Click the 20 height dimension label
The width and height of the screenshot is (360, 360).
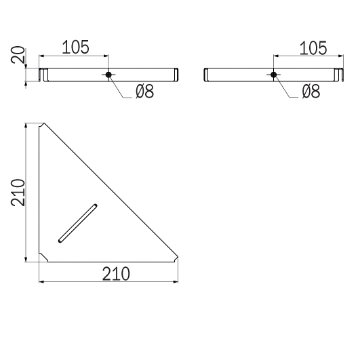click(x=18, y=55)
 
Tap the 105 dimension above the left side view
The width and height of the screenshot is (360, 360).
click(x=75, y=47)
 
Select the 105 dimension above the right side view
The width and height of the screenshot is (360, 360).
click(x=313, y=48)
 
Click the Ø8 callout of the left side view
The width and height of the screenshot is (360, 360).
click(x=144, y=92)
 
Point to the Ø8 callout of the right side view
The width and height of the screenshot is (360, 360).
click(x=311, y=92)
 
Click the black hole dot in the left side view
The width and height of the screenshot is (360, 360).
click(x=108, y=75)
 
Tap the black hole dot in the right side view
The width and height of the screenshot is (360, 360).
click(x=273, y=75)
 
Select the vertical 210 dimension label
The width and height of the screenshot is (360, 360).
click(x=18, y=193)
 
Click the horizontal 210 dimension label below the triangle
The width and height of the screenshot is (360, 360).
click(x=116, y=274)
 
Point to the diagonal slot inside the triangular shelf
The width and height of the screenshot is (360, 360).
click(x=77, y=223)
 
